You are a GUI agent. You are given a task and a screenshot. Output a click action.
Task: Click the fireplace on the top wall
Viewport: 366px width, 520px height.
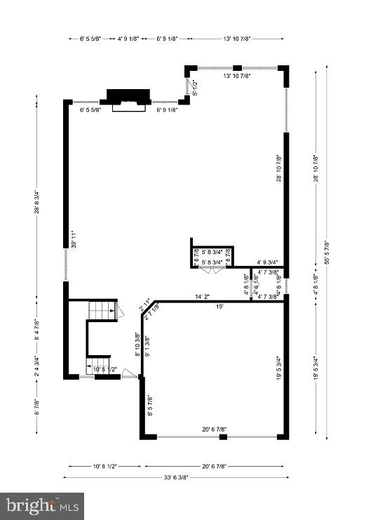coord(128,98)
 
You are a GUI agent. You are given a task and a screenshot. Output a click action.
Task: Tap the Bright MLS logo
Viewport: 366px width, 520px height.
coord(42,505)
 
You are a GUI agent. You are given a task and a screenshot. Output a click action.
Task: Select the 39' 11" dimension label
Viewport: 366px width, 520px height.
coord(73,240)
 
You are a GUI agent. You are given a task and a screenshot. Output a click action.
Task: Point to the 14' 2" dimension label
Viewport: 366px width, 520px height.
coord(203,297)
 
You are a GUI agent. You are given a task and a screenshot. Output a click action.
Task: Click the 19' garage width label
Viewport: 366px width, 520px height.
coord(219,306)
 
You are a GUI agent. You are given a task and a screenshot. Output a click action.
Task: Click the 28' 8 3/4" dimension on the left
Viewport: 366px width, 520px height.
coord(36,204)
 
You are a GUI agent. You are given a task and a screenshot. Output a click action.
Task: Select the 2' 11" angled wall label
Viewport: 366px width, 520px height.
coord(145,305)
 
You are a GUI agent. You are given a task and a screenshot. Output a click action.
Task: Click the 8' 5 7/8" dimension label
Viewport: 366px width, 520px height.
coord(148,406)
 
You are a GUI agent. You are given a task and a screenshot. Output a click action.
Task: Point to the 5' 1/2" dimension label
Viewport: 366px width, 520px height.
coord(196,87)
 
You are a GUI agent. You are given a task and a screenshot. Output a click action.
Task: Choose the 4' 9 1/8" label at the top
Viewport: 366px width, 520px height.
coord(128,39)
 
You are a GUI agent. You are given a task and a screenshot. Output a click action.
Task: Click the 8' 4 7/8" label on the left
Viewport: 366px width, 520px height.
coord(36,328)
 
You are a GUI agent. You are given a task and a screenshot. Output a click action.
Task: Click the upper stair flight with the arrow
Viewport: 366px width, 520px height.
coord(104,309)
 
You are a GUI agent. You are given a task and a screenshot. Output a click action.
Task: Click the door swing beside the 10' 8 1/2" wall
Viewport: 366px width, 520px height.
coord(129,374)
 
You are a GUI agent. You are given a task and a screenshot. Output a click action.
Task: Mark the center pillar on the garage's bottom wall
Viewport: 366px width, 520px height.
coord(223,437)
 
